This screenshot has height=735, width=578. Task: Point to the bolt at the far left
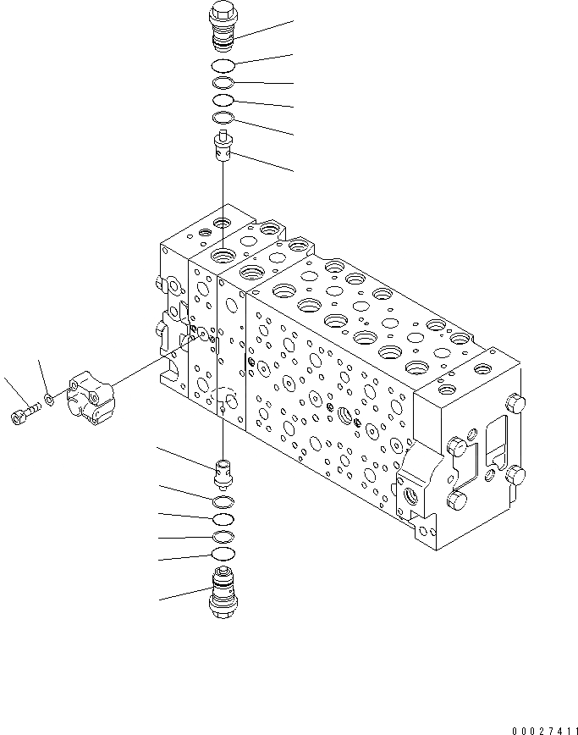[x=23, y=414]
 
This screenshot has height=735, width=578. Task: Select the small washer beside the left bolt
[x=49, y=398]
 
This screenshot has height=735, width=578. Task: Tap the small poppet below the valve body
[x=223, y=472]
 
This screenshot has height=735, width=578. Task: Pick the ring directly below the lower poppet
[x=223, y=502]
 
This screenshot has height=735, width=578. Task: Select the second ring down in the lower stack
[x=223, y=519]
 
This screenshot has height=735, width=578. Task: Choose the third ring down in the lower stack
[x=223, y=537]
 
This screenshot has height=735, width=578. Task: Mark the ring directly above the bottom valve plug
[x=223, y=554]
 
